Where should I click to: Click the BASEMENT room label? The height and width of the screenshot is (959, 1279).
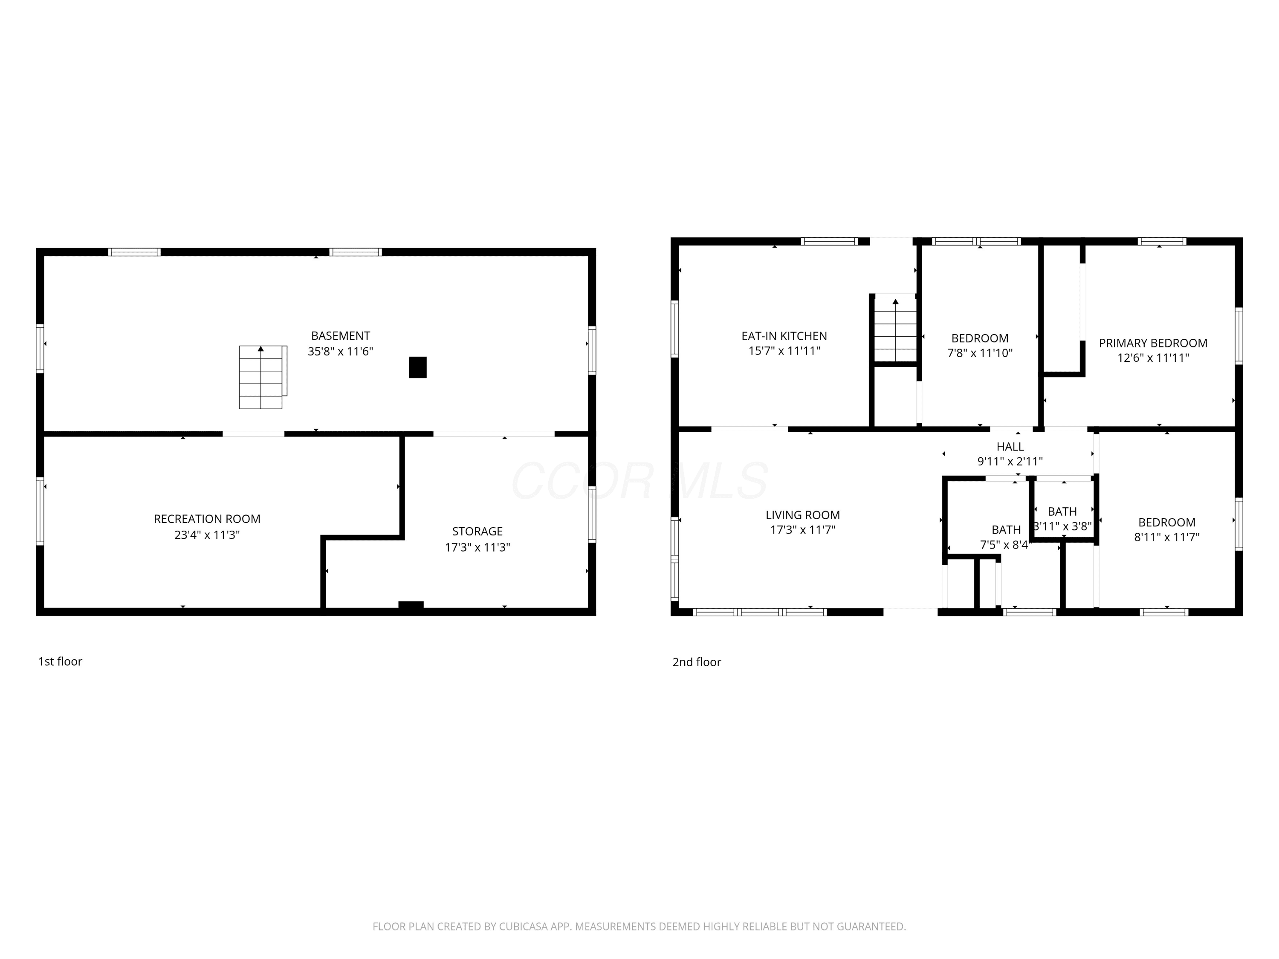pos(341,336)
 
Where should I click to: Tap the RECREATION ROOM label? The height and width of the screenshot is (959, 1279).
pos(207,519)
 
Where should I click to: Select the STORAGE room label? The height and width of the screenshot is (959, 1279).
pos(477,531)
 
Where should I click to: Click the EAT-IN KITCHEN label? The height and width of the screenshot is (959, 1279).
pos(784,336)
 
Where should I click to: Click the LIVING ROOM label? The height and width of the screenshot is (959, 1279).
pos(802,515)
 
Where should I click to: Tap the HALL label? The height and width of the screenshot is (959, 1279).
pos(1010,447)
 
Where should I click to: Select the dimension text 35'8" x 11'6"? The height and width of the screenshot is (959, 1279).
pos(341,352)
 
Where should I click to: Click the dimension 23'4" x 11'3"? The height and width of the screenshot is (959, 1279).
pos(207,535)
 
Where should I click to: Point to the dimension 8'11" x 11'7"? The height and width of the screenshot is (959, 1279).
pos(1167,537)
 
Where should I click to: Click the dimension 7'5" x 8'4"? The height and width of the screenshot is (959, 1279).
pos(1005,545)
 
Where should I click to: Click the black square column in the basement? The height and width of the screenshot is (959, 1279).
pos(418,368)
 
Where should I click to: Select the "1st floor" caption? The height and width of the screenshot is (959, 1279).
pos(60,661)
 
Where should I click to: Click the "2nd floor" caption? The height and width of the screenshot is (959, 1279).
pos(697,662)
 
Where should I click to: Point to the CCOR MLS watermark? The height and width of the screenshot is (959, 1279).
pos(640,480)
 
